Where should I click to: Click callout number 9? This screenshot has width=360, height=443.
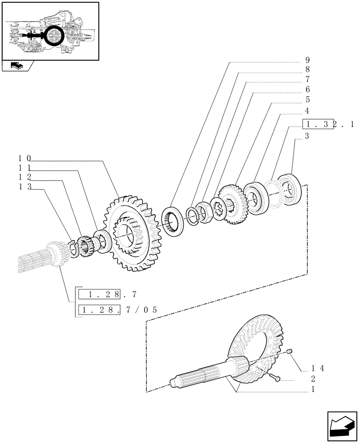point(307,60)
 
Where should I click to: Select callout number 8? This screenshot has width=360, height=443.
point(307,70)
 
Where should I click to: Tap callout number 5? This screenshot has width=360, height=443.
point(307,100)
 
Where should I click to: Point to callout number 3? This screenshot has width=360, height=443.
point(307,136)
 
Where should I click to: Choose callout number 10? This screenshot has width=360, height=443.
point(25,158)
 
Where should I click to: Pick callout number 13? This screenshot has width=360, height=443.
point(25,187)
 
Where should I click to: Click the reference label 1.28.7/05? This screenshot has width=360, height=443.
point(117,310)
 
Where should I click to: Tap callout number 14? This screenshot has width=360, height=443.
point(315,368)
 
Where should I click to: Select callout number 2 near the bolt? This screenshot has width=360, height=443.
point(313,379)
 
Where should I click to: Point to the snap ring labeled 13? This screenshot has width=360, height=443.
point(74,247)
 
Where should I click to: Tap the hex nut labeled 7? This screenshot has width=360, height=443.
point(204,213)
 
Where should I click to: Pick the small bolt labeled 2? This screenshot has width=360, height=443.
point(276,378)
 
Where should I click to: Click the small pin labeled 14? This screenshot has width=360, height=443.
point(290,351)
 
